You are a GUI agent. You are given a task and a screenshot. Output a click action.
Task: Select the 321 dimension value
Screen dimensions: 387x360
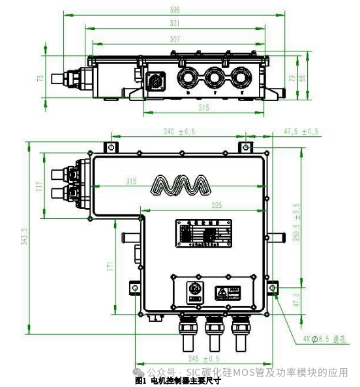click(x=175, y=23)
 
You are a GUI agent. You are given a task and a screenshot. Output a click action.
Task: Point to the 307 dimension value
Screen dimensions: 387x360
click(x=175, y=39)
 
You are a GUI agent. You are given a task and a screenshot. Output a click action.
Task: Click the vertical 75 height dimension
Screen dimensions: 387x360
click(x=40, y=78)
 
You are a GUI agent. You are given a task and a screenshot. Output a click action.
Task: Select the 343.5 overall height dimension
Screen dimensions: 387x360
click(x=25, y=236)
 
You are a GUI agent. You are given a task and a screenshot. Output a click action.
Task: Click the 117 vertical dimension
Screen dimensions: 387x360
click(x=40, y=187)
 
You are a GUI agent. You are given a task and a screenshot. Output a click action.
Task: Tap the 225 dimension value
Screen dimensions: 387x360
click(x=217, y=205)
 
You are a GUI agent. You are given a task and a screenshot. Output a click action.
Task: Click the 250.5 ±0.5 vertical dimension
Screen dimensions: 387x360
click(x=297, y=222)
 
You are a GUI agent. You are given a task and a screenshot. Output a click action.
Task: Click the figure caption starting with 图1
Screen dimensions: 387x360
click(x=177, y=380)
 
